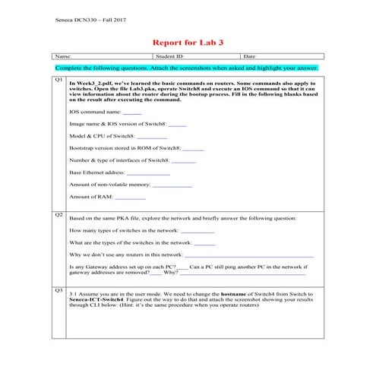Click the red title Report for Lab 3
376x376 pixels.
tap(188, 43)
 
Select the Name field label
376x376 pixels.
tap(63, 56)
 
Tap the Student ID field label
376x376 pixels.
tap(169, 56)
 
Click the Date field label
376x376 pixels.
tap(251, 56)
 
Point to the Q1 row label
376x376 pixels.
tap(58, 79)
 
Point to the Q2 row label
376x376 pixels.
tap(58, 214)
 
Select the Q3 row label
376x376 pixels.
tap(58, 289)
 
